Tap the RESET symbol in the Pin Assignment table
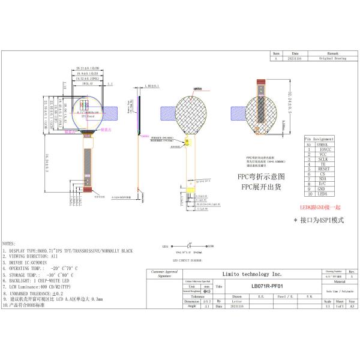click(x=323, y=169)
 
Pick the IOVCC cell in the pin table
click(x=323, y=149)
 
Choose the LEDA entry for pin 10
click(x=323, y=194)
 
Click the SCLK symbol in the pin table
click(x=323, y=159)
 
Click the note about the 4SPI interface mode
click(x=319, y=220)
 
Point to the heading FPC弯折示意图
click(x=261, y=177)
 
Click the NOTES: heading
click(x=9, y=244)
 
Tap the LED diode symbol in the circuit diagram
click(x=190, y=246)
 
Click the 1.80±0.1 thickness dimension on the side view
click(x=152, y=86)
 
